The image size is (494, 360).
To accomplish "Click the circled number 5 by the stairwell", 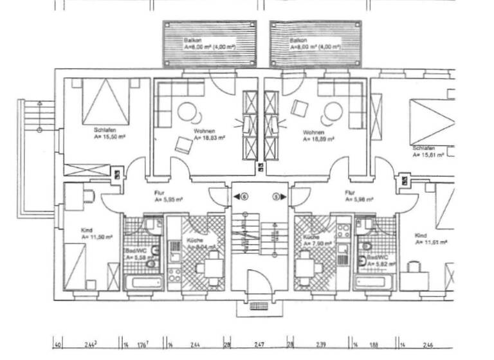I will [x=277, y=196].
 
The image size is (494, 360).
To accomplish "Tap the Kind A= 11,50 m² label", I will [x=96, y=233].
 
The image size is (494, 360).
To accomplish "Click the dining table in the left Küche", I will [x=209, y=265].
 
